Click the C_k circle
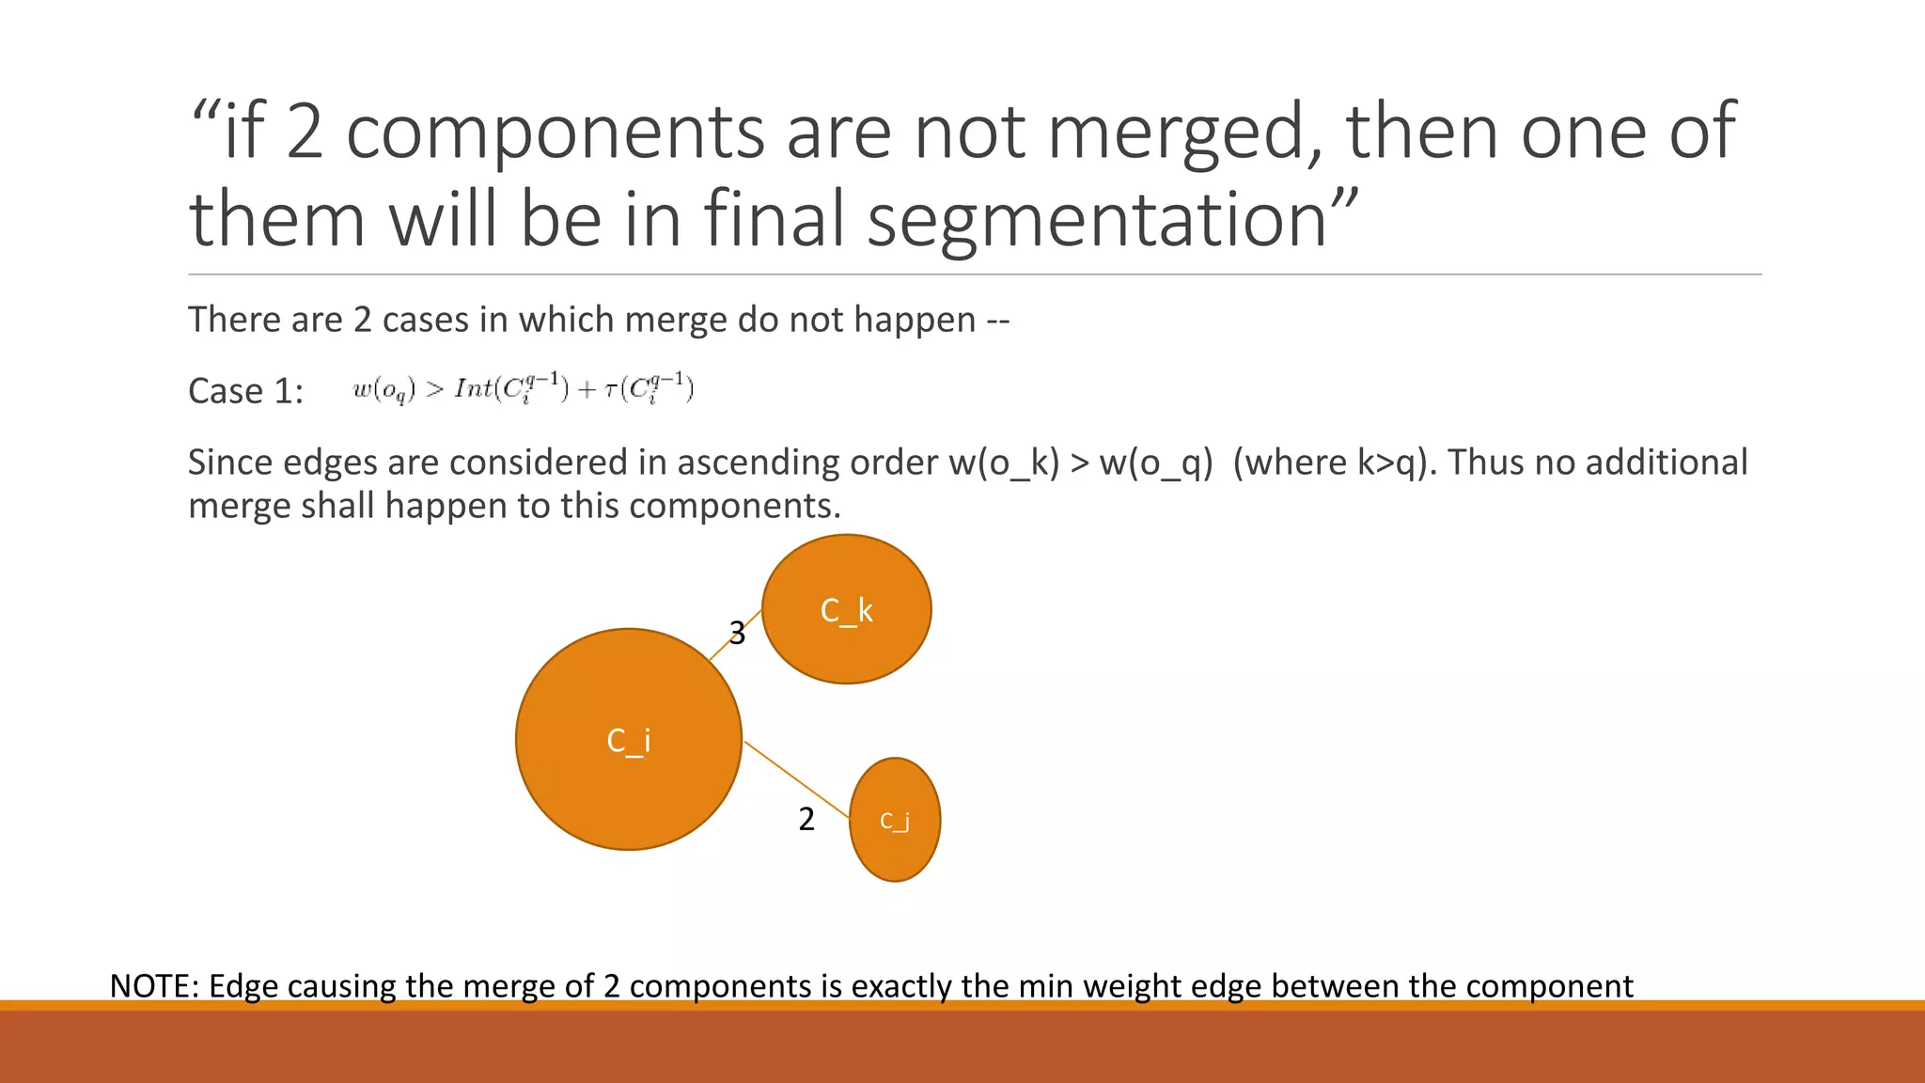coord(846,609)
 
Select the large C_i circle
coord(628,740)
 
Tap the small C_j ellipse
coord(894,820)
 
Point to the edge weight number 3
coord(738,634)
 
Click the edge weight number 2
coord(806,820)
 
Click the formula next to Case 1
coord(523,387)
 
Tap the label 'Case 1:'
coord(245,391)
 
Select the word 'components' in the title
coord(556,132)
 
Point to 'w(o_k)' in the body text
coord(1004,463)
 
